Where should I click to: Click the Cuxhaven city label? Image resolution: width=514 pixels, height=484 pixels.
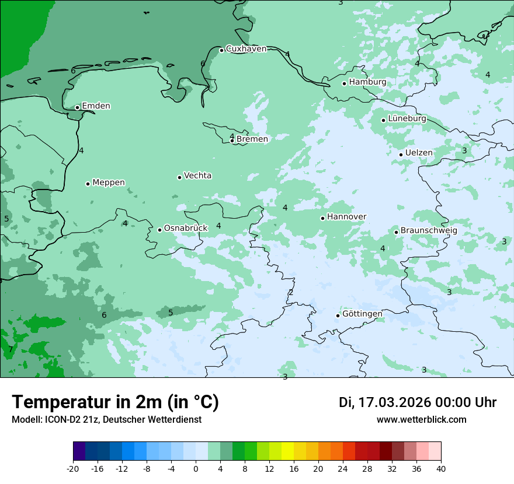[246, 49]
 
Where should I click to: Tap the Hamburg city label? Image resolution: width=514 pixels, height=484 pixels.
[367, 82]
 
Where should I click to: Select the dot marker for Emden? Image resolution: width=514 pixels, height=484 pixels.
[77, 107]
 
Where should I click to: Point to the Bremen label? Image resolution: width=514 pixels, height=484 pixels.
[252, 139]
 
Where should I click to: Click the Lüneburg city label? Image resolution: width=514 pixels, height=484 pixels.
[407, 119]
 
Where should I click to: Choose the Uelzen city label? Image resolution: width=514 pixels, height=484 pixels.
[419, 153]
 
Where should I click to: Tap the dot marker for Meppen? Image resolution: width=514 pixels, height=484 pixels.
[88, 184]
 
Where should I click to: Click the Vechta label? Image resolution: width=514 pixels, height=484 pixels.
[197, 176]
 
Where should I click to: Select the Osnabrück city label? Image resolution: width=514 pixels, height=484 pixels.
[186, 229]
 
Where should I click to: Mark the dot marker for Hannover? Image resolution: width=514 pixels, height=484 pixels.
[322, 218]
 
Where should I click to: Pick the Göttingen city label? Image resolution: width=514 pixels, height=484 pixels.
[362, 314]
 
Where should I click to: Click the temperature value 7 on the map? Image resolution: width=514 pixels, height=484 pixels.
[11, 350]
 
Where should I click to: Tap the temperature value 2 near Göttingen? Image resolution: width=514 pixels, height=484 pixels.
[291, 292]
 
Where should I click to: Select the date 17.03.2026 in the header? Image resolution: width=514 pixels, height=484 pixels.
[394, 403]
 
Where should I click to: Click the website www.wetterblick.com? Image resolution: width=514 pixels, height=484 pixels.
[421, 420]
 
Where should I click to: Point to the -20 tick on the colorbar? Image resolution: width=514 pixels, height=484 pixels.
[73, 468]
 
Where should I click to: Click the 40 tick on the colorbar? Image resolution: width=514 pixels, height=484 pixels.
[441, 468]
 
